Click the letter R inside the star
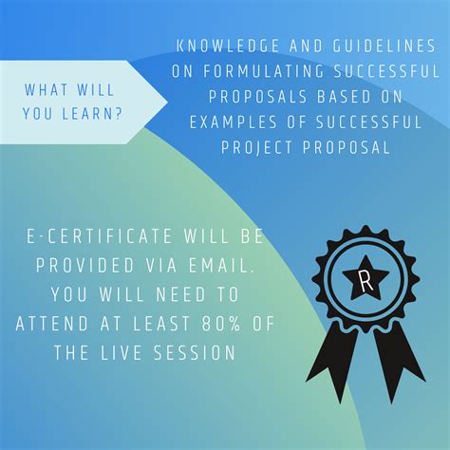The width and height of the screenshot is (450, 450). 366,280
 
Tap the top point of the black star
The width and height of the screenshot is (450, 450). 366,257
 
